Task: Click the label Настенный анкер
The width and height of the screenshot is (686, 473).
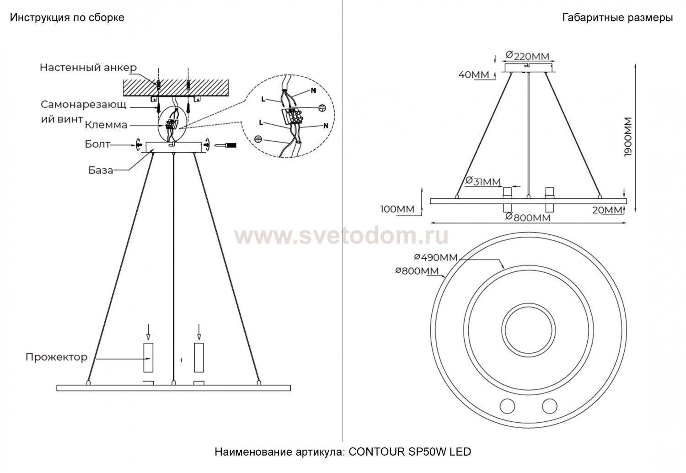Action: [x=88, y=67]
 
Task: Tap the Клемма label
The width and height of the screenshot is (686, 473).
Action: [x=106, y=125]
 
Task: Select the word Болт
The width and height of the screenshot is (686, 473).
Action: [x=97, y=144]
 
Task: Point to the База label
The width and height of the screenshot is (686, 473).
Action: [x=101, y=170]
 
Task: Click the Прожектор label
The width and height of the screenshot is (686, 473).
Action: [x=56, y=357]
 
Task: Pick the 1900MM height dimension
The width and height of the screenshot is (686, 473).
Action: [x=628, y=137]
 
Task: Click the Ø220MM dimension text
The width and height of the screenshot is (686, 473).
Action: [x=527, y=56]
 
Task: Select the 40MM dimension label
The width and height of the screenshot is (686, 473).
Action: [x=474, y=74]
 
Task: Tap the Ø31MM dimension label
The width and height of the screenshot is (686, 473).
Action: [x=483, y=181]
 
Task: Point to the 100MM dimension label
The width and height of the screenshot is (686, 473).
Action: [x=397, y=209]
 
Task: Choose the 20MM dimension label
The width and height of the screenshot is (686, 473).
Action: [x=607, y=210]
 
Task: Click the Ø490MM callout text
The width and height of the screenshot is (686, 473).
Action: [x=436, y=257]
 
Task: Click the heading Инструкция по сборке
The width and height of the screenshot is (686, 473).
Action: [x=67, y=18]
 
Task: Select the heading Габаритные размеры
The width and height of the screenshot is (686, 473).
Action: [x=618, y=18]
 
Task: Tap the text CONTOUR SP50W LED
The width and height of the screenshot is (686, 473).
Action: [x=410, y=452]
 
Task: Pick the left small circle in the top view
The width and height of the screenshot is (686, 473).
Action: [x=507, y=406]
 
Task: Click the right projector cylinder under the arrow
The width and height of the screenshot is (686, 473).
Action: [x=199, y=357]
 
